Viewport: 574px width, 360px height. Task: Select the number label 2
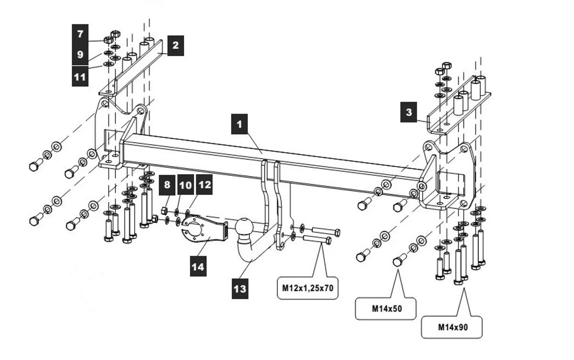(x=176, y=46)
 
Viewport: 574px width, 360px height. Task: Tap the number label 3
(x=409, y=113)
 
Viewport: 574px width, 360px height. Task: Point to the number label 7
(x=80, y=34)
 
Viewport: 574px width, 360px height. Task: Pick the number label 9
(x=80, y=55)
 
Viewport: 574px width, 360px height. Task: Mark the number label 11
(x=80, y=77)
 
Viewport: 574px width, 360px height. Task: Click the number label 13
(x=240, y=289)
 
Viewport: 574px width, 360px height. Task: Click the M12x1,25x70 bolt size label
(x=307, y=289)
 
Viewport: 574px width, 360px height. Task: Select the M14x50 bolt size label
(x=387, y=309)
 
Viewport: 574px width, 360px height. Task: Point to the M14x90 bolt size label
(x=452, y=328)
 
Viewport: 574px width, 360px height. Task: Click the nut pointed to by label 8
(x=164, y=210)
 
